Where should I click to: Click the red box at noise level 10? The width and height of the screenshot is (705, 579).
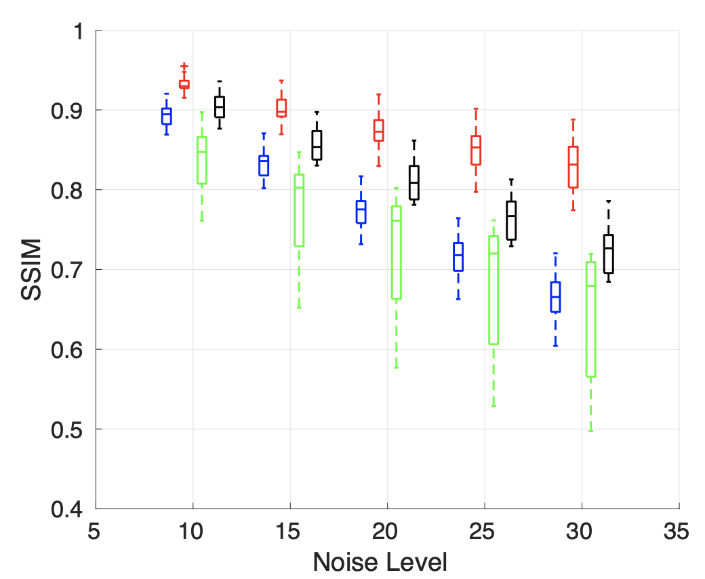pyautogui.click(x=184, y=84)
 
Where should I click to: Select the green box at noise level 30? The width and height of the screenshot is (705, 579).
pyautogui.click(x=590, y=319)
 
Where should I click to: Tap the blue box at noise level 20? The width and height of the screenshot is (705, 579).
pyautogui.click(x=361, y=212)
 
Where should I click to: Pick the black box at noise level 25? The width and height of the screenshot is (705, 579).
pyautogui.click(x=512, y=220)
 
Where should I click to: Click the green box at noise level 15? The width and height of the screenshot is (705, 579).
pyautogui.click(x=299, y=210)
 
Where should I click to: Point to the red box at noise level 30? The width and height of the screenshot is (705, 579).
pyautogui.click(x=573, y=167)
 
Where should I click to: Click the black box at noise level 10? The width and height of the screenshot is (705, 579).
pyautogui.click(x=220, y=106)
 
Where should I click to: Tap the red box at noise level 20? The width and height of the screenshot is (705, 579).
pyautogui.click(x=379, y=130)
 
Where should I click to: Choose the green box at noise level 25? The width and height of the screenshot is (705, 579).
pyautogui.click(x=493, y=290)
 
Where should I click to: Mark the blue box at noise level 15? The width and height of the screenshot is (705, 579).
pyautogui.click(x=264, y=165)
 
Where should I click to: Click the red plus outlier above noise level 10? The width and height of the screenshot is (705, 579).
pyautogui.click(x=184, y=66)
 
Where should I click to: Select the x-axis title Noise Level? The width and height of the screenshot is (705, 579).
pyautogui.click(x=380, y=562)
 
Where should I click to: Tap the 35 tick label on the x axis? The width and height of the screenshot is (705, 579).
pyautogui.click(x=679, y=532)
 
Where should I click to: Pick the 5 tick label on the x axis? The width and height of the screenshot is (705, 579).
pyautogui.click(x=96, y=532)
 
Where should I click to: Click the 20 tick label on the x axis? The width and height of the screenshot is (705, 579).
pyautogui.click(x=387, y=532)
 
